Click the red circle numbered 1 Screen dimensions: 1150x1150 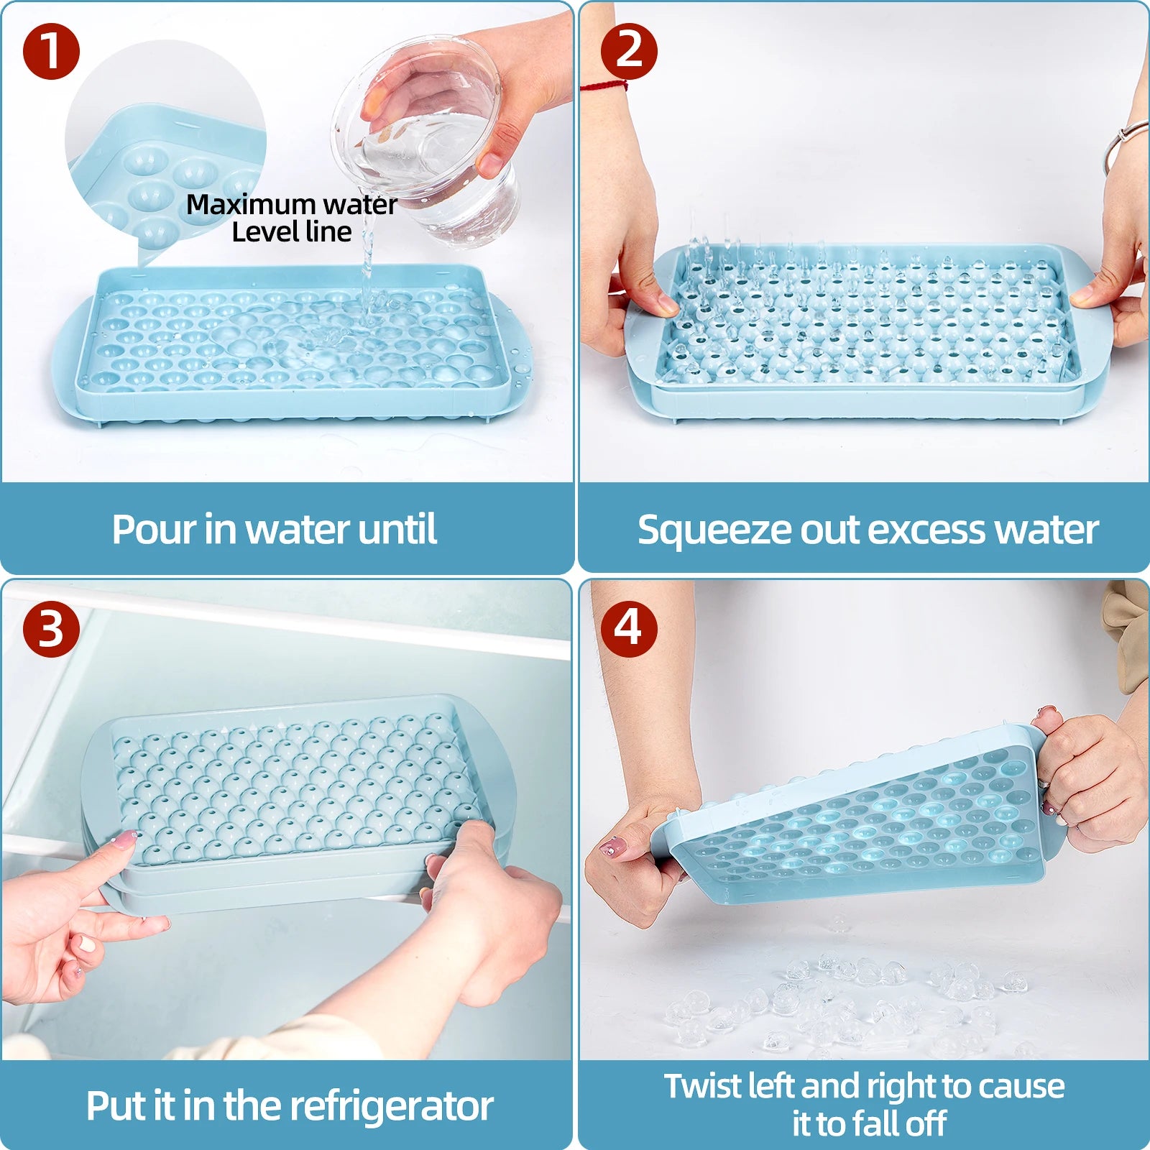tap(50, 52)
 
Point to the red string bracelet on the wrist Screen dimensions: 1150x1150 tap(604, 87)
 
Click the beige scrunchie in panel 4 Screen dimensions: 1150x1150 tap(1128, 632)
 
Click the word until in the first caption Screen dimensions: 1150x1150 tap(397, 530)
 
